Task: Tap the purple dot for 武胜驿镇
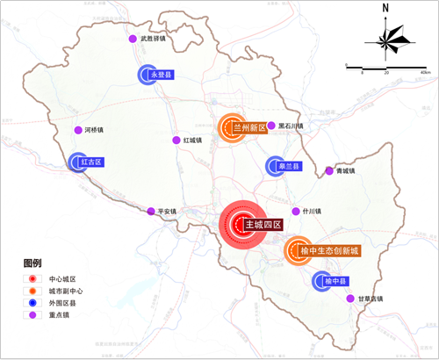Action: (x=133, y=39)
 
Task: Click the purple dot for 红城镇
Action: (x=176, y=140)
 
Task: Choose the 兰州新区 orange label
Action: (x=248, y=128)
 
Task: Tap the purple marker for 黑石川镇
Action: (x=271, y=126)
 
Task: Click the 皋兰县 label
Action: (x=291, y=166)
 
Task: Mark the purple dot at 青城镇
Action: (x=329, y=170)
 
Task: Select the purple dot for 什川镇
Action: (x=296, y=212)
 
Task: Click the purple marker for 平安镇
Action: (x=151, y=212)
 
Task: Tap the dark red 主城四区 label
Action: (x=263, y=225)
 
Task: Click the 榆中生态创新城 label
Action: (x=329, y=251)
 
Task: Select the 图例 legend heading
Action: (x=32, y=263)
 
